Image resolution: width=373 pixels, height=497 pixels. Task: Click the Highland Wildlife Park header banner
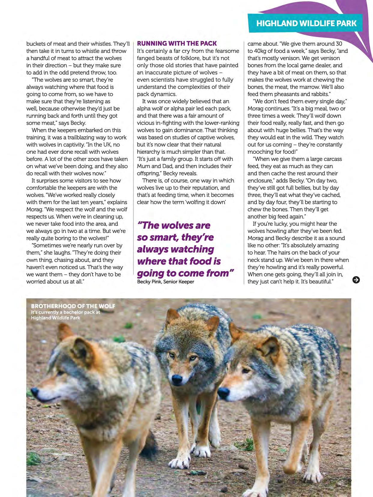306,23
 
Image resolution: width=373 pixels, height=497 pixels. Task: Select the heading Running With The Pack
177,44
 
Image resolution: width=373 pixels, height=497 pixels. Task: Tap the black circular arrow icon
356,280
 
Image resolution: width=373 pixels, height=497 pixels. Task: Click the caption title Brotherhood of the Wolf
73,306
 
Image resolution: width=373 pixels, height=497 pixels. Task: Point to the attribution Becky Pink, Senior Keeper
165,282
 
